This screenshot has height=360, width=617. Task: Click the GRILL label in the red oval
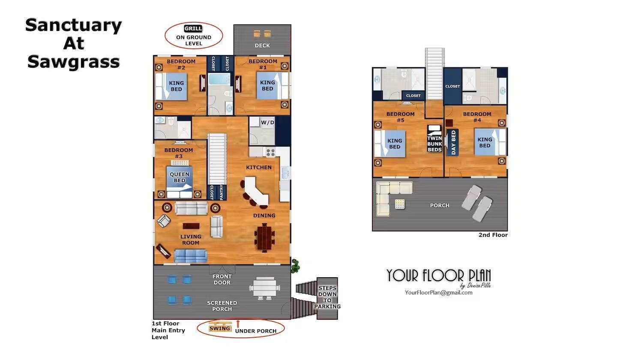point(193,28)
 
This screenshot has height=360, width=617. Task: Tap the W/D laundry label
point(267,122)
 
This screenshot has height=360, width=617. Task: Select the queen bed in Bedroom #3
point(179,182)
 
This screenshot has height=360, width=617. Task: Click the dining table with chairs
point(264,237)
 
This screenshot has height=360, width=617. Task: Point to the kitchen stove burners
point(270,152)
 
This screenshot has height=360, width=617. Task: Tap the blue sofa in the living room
point(190,256)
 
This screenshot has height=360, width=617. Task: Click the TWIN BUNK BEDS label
point(434,144)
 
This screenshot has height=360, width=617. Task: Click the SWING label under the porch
point(219,328)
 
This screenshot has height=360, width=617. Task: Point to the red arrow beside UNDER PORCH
point(238,324)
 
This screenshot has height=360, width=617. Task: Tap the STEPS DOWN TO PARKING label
point(327,297)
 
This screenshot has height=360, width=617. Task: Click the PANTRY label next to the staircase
point(222,192)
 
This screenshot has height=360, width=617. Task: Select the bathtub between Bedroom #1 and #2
point(219,79)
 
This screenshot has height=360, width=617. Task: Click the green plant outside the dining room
point(295,266)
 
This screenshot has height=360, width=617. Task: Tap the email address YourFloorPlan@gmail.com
point(438,293)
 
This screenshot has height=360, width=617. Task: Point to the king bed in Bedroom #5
point(390,144)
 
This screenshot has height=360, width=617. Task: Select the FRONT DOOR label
point(222,279)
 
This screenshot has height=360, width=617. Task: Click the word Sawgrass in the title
point(74,62)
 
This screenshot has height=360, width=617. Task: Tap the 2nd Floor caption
point(493,235)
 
